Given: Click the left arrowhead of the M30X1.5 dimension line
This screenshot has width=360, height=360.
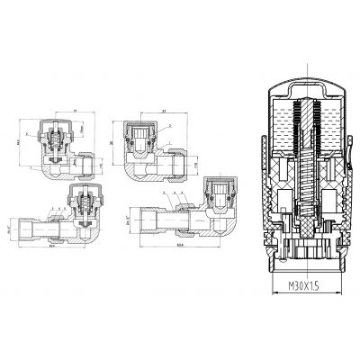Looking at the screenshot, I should point(271,283).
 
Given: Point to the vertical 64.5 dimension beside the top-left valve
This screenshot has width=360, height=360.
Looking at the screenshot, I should point(15,139).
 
